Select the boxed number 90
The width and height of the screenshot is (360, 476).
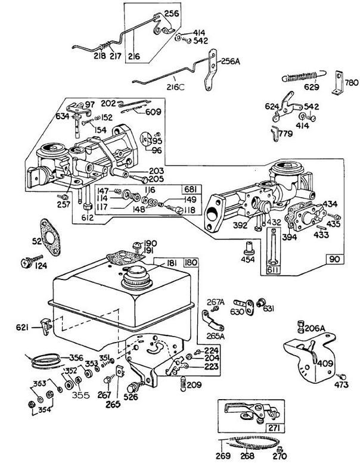pos(335,260)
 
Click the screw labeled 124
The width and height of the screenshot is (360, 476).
pos(27,260)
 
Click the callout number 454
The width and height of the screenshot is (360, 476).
pos(247,260)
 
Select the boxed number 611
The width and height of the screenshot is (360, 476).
pos(273,270)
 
